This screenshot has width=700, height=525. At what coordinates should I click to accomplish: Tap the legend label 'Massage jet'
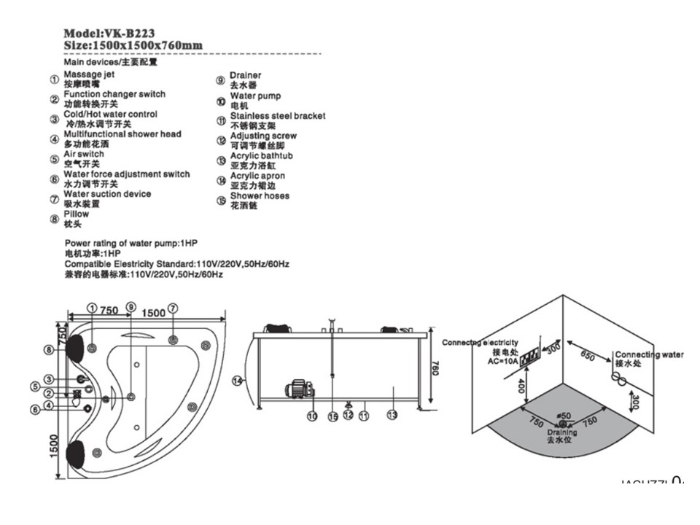[x=89, y=74]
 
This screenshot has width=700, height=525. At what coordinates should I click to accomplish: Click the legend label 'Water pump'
[x=255, y=96]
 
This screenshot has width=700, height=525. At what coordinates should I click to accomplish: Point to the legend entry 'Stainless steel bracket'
[x=278, y=116]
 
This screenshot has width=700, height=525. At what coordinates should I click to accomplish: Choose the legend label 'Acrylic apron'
[x=257, y=176]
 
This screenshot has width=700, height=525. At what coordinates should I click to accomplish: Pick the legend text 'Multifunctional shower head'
[x=122, y=134]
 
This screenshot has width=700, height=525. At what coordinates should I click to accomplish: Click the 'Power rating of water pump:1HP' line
[x=131, y=243]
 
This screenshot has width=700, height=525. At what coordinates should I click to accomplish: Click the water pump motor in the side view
[x=298, y=388]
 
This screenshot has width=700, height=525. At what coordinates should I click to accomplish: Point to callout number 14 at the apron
[x=236, y=380]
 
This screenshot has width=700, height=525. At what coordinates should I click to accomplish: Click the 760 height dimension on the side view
[x=435, y=369]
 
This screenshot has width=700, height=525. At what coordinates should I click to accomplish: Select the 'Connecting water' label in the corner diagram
[x=649, y=354]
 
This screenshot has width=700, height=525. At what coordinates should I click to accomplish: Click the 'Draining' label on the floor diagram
[x=561, y=432]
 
